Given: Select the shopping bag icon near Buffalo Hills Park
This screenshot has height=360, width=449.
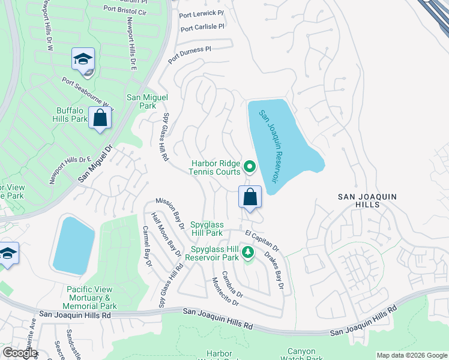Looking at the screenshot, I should [x=100, y=118].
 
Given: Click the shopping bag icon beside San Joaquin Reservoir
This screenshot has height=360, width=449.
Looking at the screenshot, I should [x=250, y=197].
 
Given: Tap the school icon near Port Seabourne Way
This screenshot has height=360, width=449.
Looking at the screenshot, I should [x=83, y=59].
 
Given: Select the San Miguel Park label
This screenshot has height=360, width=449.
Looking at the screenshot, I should [x=146, y=101].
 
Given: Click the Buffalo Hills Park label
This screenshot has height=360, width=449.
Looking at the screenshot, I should [x=72, y=115].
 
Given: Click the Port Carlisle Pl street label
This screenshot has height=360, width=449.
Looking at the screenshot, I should [x=202, y=27].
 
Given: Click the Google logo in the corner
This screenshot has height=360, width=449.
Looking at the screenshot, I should [x=19, y=353].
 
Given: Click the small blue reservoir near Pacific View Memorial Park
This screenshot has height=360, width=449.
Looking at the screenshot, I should [x=74, y=245].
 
